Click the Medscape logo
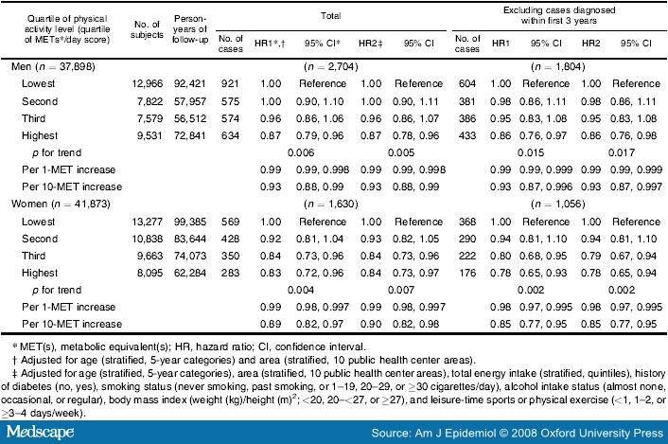tap(40, 432)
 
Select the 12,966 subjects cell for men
tap(148, 84)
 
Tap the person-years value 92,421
tap(190, 84)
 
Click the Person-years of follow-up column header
tap(190, 29)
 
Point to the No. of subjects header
tap(147, 29)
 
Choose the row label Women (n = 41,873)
tap(61, 204)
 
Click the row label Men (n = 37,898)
tap(53, 67)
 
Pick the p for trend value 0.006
tap(301, 152)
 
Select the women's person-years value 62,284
tap(190, 273)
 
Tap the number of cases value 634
tap(230, 135)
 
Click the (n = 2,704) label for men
tap(330, 67)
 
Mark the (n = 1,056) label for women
tap(558, 204)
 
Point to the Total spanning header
tap(330, 16)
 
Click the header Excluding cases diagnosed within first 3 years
tap(559, 15)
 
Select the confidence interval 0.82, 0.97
tap(320, 324)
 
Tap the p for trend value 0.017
tap(622, 152)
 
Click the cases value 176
tap(466, 273)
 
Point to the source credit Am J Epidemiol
tap(455, 434)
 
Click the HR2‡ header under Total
tap(370, 44)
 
